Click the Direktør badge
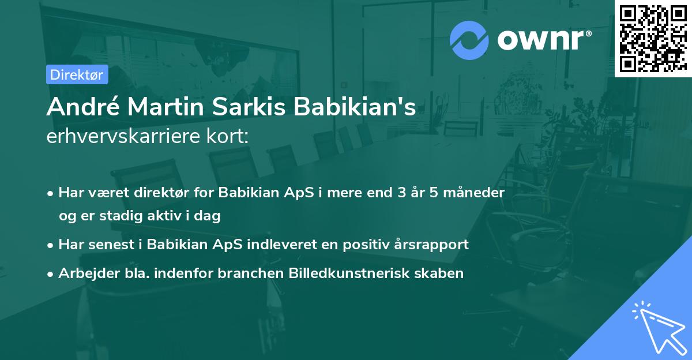coord(76,74)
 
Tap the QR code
coord(652,39)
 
